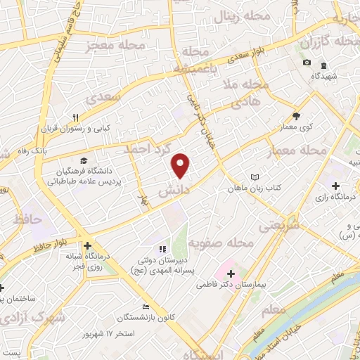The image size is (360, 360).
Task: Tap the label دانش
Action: click(172, 191)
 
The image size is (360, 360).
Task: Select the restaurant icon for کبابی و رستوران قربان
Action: click(76, 117)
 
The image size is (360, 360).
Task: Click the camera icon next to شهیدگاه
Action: click(307, 63)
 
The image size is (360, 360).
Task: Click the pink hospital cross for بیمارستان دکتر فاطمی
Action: click(232, 271)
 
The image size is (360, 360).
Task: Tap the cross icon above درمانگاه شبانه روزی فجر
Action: click(87, 247)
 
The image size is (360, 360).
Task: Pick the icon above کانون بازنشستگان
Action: click(146, 307)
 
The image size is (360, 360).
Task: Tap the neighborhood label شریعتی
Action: click(279, 226)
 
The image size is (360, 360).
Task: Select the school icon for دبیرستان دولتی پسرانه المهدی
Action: click(162, 248)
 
